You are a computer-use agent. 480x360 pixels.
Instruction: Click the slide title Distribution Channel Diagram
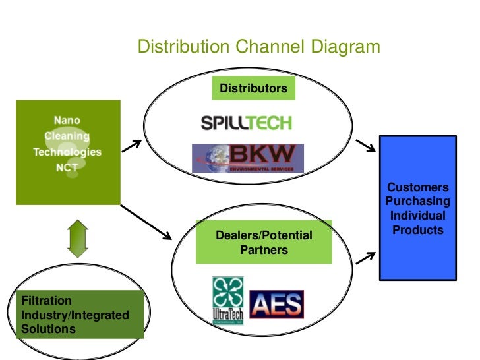click(x=258, y=47)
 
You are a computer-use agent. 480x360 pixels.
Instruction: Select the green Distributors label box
click(x=253, y=88)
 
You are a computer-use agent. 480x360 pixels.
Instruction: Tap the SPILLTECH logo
click(x=245, y=123)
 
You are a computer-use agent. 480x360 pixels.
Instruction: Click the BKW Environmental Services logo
click(x=248, y=158)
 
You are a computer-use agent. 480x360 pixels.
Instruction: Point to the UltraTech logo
click(x=227, y=299)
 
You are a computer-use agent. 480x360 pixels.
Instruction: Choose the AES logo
click(x=276, y=304)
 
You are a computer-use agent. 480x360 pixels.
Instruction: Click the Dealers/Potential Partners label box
click(x=264, y=243)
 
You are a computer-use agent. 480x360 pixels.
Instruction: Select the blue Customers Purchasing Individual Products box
click(x=418, y=208)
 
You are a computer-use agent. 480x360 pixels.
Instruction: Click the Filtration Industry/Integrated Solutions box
click(x=79, y=315)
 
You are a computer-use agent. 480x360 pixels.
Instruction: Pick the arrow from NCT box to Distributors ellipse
click(x=131, y=146)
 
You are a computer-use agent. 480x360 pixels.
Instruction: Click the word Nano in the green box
click(x=67, y=121)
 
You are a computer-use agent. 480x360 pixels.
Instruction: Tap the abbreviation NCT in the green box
click(x=67, y=167)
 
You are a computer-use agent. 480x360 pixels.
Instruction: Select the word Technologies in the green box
click(x=67, y=152)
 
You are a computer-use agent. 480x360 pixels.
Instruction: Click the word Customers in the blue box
click(x=418, y=187)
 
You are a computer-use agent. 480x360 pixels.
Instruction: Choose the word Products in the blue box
click(x=418, y=230)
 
